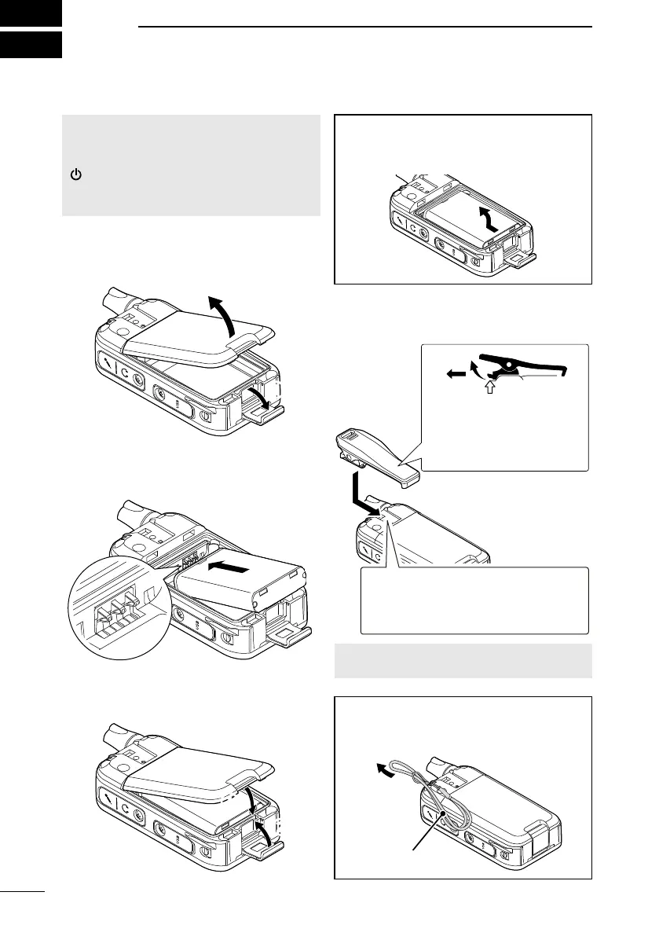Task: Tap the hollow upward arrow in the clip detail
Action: click(492, 387)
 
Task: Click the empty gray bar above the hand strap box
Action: click(463, 660)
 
